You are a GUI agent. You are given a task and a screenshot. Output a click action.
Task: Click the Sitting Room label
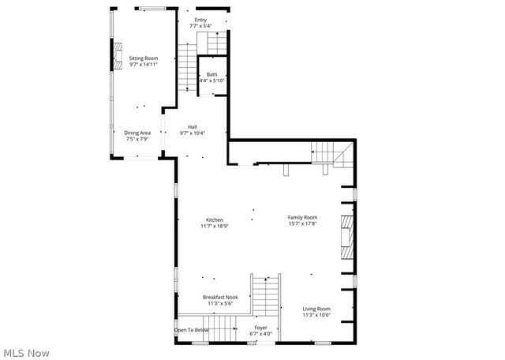click(x=144, y=58)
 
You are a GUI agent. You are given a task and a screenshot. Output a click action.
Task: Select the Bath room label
click(x=211, y=75)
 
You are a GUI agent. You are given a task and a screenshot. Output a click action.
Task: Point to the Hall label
click(x=192, y=126)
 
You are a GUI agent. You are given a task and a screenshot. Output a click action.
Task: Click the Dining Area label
click(x=137, y=133)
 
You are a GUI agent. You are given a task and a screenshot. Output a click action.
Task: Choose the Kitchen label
click(x=215, y=219)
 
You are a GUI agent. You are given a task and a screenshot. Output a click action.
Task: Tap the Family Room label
click(x=302, y=217)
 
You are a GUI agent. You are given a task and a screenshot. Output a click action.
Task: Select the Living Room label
click(x=316, y=309)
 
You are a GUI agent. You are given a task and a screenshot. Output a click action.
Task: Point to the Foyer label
click(x=261, y=327)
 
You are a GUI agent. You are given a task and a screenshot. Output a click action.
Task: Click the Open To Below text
click(x=192, y=329)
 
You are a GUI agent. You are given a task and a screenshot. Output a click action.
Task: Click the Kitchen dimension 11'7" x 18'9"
click(x=215, y=227)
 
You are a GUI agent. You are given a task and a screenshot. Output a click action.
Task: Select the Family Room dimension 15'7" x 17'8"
click(x=302, y=224)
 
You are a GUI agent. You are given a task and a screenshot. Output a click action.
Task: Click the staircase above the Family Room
click(x=328, y=152)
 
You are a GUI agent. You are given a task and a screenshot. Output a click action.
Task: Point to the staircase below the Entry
click(x=187, y=67)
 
